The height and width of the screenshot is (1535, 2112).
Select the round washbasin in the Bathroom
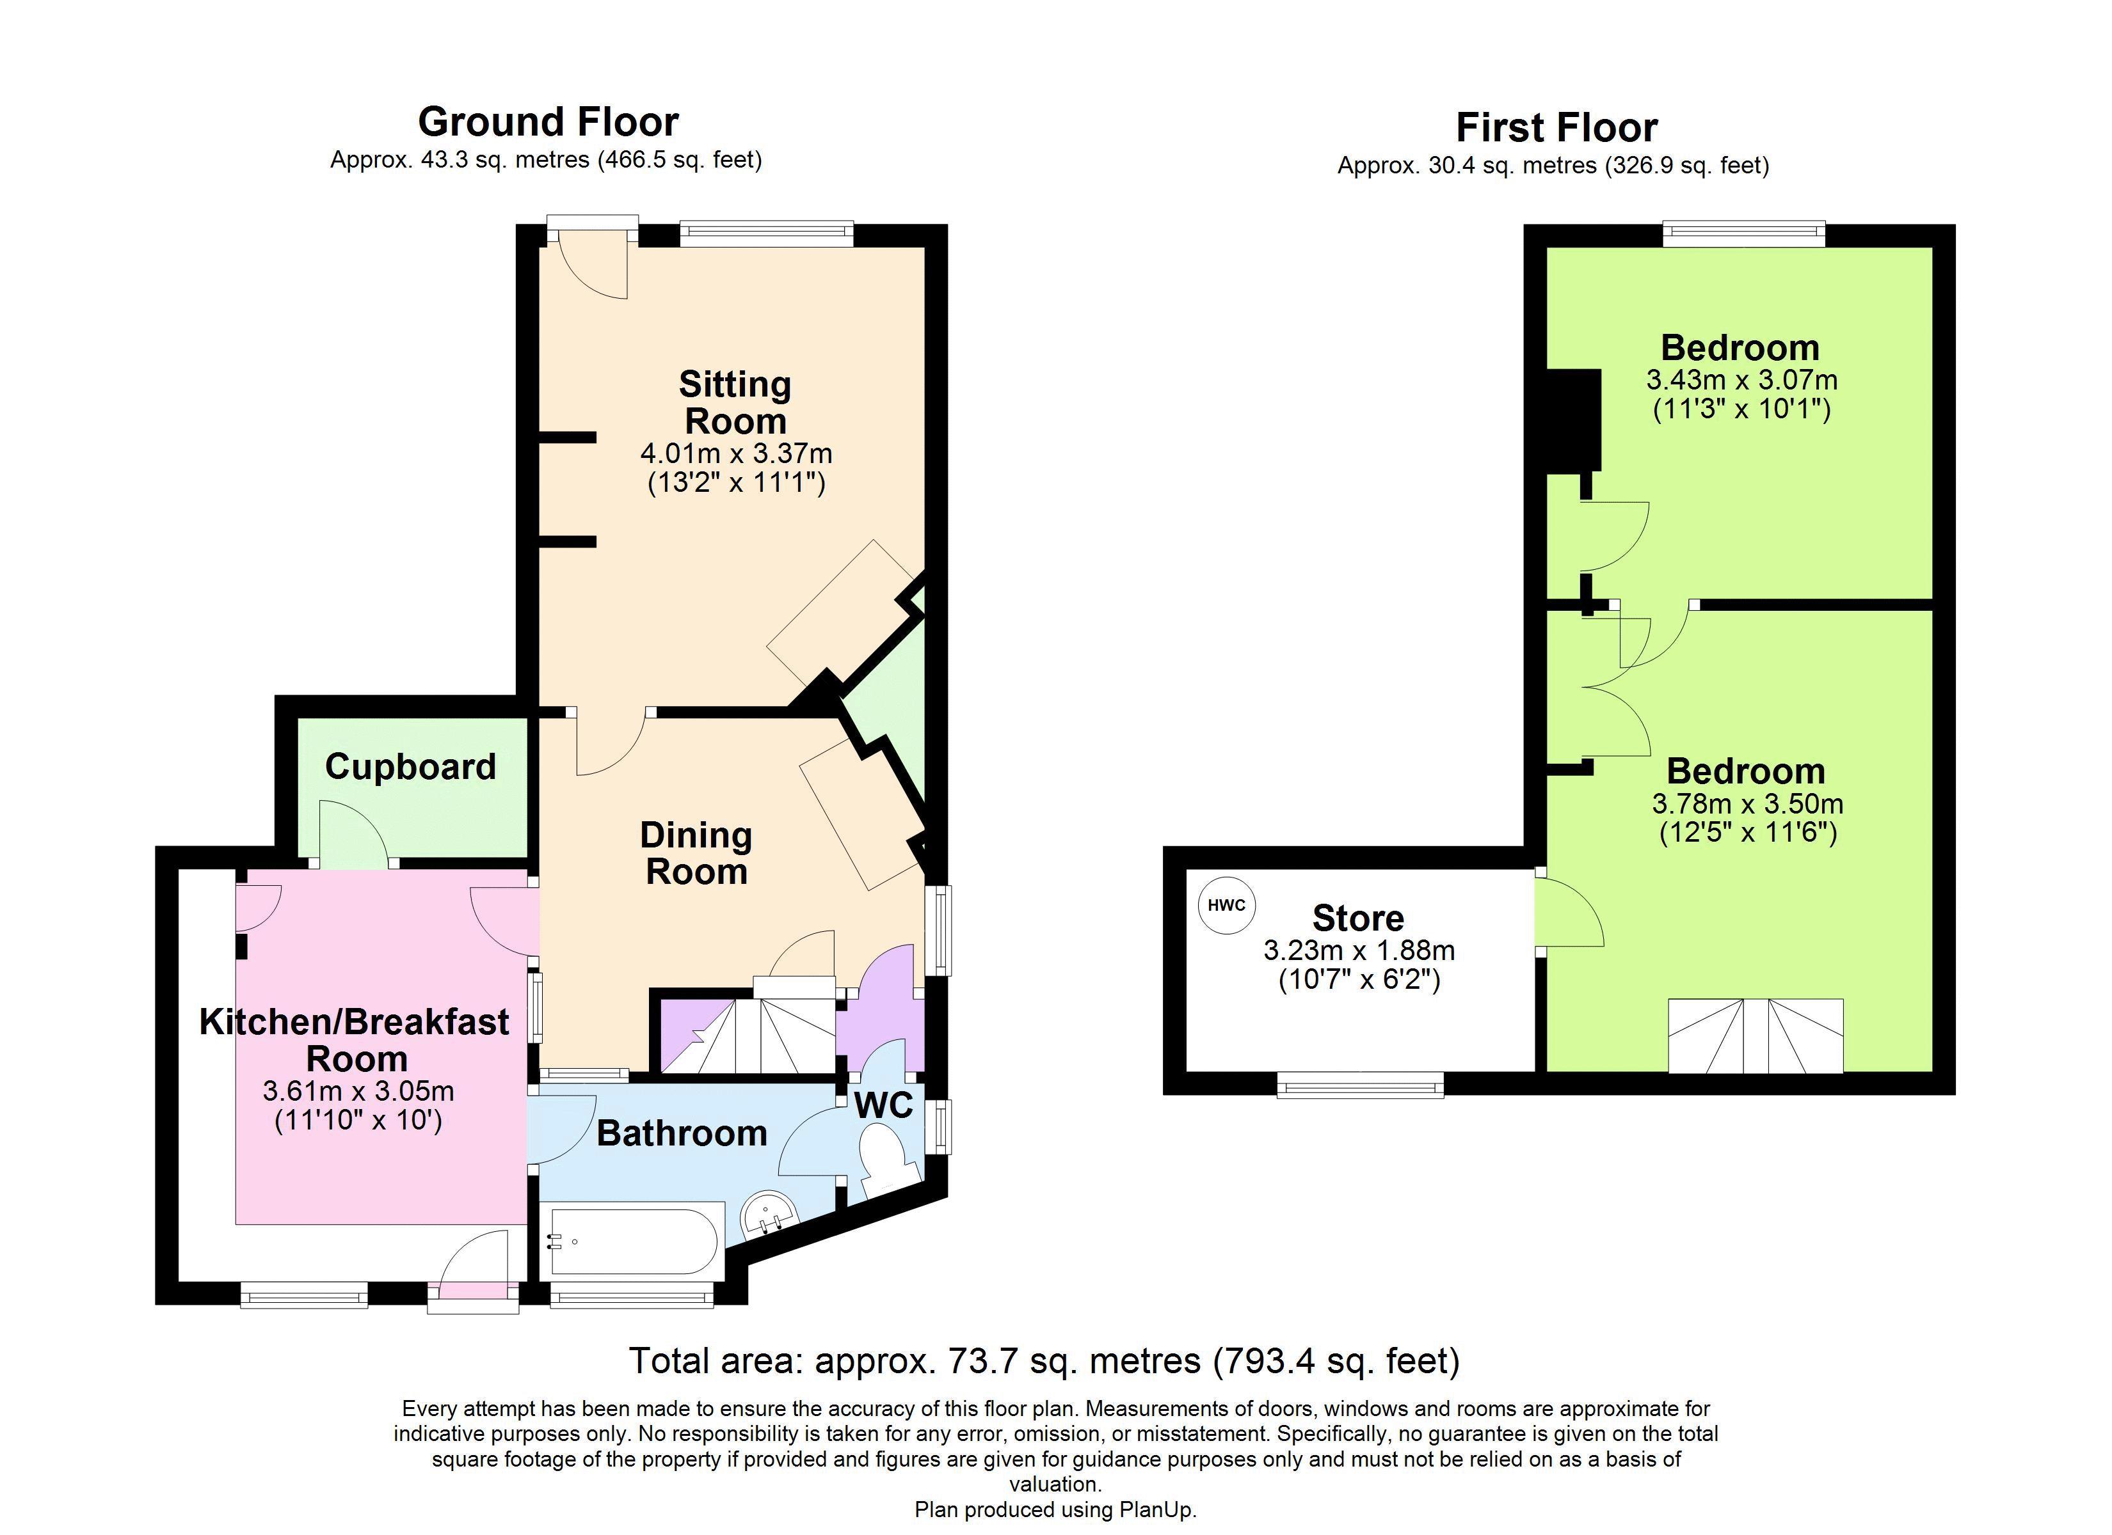coord(769,1215)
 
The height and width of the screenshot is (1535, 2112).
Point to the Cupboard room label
coord(411,767)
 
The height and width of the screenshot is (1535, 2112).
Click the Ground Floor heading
coord(548,122)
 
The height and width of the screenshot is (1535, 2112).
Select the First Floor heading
coord(1557,127)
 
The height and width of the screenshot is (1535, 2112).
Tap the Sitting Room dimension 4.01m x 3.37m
coord(735,454)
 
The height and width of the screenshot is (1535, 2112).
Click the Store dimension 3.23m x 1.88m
coord(1359,950)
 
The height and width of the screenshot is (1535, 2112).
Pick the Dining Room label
coord(696,854)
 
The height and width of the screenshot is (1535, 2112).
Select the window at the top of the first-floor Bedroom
coord(1744,233)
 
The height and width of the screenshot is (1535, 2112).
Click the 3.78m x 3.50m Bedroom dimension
coord(1748,803)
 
